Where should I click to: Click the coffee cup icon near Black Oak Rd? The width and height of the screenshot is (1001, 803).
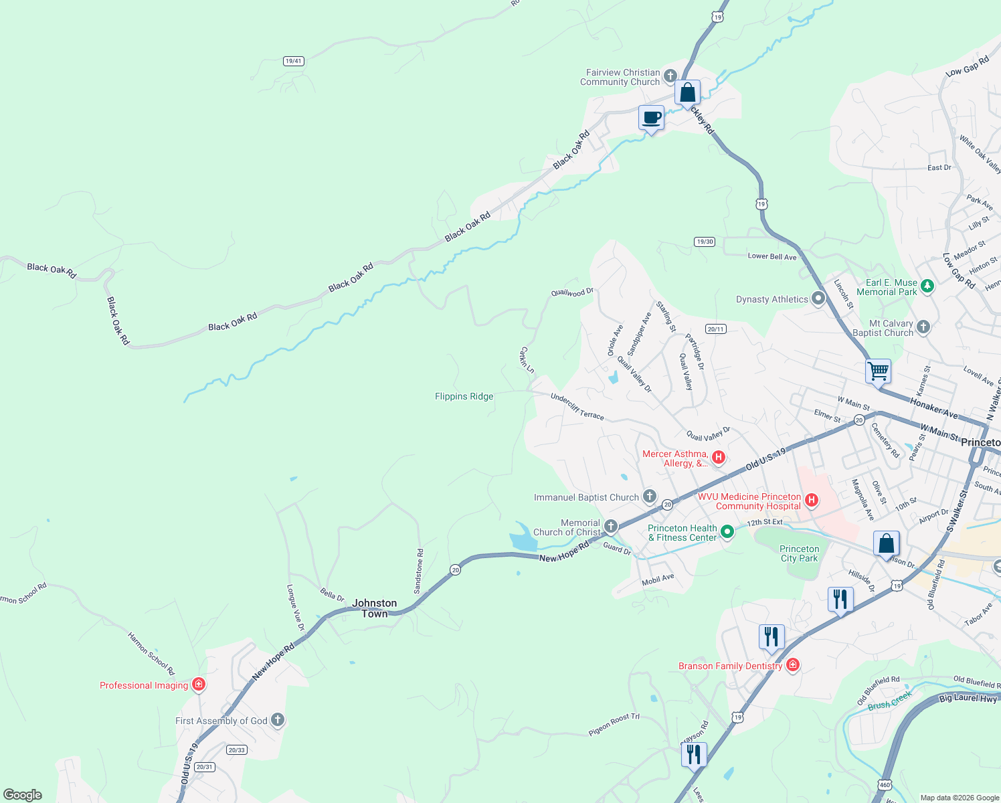pos(651,118)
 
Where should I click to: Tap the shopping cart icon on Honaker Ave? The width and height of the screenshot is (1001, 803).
pos(878,371)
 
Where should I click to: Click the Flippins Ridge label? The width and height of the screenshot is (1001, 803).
pos(464,396)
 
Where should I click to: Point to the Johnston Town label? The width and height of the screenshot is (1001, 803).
pos(375,608)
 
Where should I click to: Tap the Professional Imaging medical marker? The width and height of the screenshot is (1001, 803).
pos(198,684)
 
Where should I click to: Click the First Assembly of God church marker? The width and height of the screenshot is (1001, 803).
pos(278,720)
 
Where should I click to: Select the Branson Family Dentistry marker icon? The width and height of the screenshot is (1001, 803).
pos(793,664)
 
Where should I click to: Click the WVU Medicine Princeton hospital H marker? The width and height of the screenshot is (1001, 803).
pos(812,500)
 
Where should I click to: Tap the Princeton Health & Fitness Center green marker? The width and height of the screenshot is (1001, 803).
pos(727,532)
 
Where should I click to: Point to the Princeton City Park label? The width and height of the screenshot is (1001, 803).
pos(799,553)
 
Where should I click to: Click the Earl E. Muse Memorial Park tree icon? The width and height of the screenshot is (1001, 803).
pos(927,286)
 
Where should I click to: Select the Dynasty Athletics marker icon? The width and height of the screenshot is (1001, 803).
pos(818,298)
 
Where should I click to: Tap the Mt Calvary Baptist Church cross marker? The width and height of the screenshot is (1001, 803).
pos(923,327)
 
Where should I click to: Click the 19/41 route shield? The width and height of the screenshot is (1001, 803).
pos(293,61)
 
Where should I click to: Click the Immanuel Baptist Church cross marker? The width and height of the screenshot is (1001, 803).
pos(649,496)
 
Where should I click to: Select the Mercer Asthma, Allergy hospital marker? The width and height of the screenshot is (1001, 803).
pos(719,458)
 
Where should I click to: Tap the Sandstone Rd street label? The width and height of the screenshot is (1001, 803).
pos(419,571)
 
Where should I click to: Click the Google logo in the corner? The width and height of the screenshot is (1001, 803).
pos(23,794)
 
